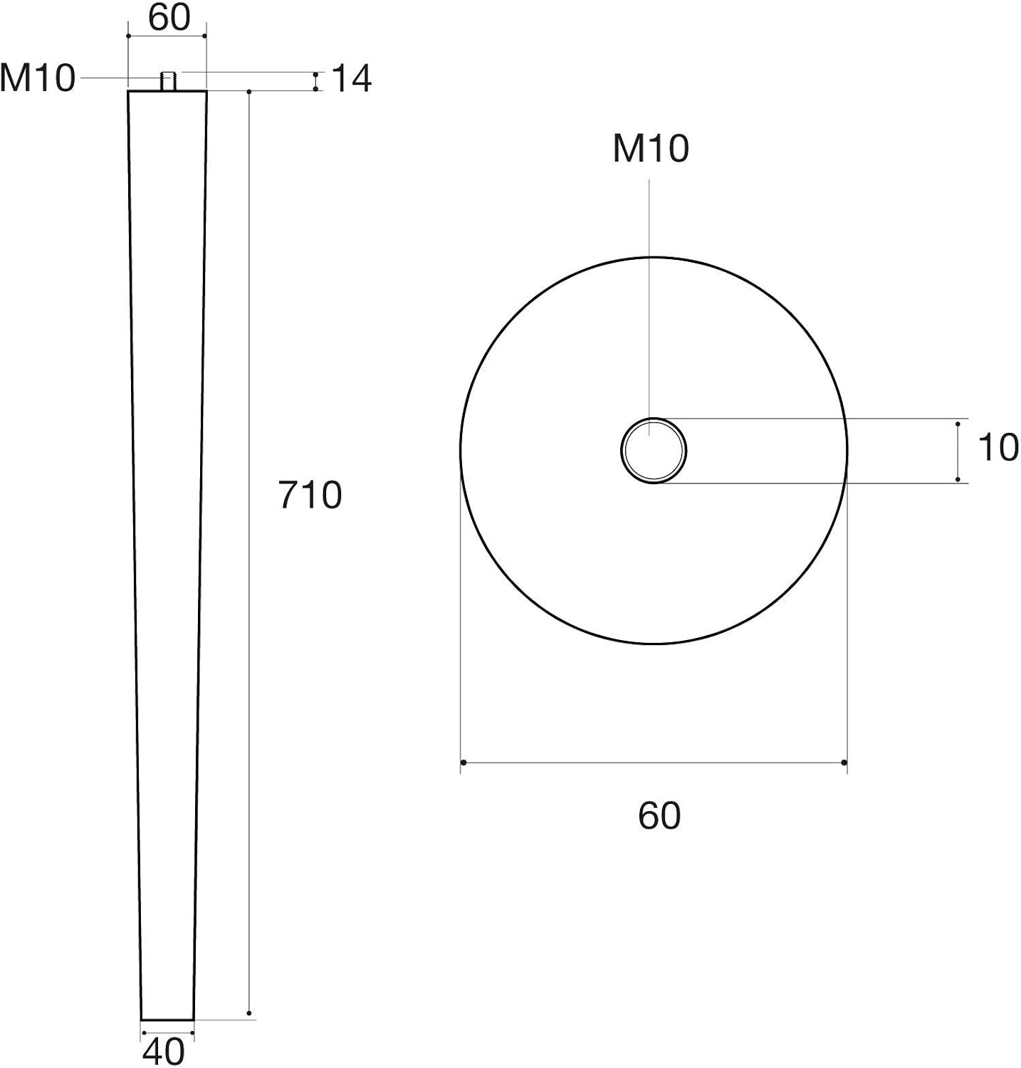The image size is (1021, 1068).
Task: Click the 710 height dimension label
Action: (x=310, y=495)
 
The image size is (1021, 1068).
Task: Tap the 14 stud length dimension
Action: (x=352, y=78)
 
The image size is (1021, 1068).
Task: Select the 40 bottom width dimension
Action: (x=164, y=1051)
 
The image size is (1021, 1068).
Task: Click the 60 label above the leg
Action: (x=169, y=17)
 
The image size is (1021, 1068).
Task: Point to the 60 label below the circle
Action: (x=659, y=815)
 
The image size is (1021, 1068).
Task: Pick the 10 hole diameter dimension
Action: (x=998, y=448)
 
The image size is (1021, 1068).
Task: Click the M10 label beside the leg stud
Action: (x=37, y=78)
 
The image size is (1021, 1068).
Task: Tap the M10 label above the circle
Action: (x=651, y=149)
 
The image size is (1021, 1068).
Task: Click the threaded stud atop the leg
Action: (x=169, y=81)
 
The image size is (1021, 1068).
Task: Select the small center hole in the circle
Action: (x=653, y=451)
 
